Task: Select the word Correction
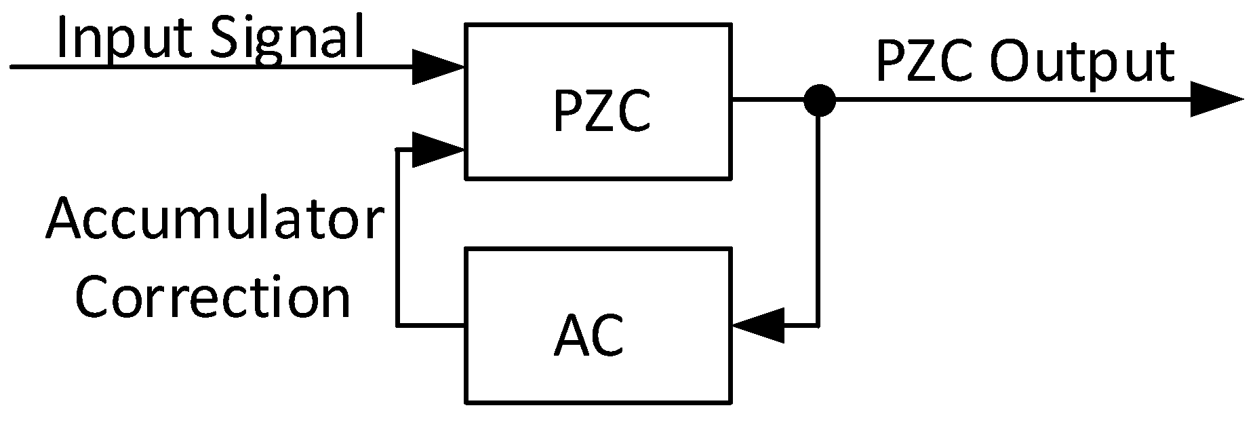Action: click(213, 297)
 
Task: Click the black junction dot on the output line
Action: click(819, 100)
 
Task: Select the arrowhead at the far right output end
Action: click(1216, 100)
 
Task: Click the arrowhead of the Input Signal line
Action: click(438, 67)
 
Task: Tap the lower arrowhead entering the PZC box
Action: click(438, 149)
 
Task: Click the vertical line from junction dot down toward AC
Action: click(819, 217)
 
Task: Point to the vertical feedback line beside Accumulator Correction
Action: click(397, 238)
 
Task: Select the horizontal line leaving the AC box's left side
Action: click(431, 326)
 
